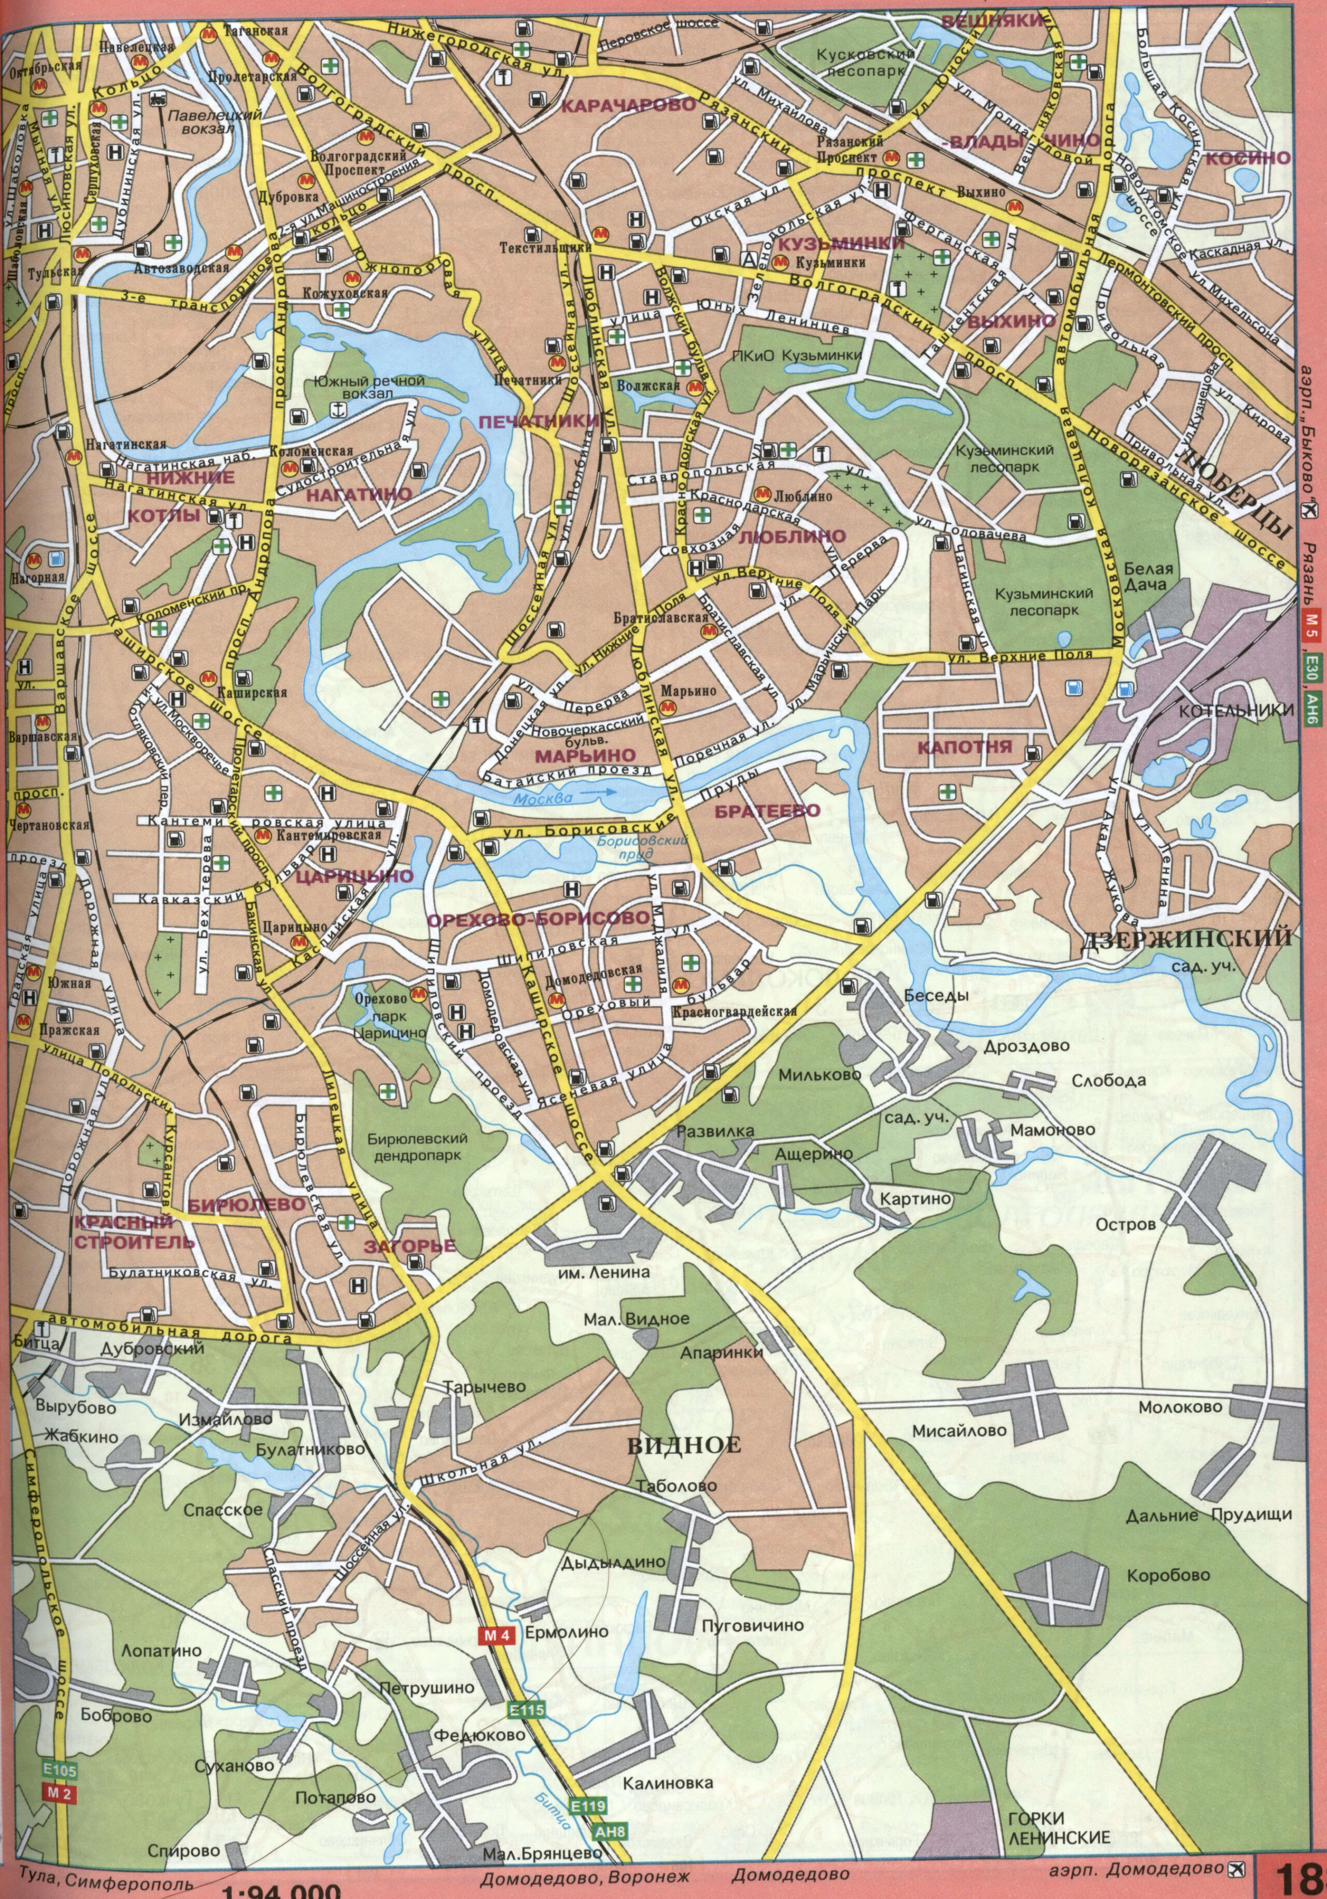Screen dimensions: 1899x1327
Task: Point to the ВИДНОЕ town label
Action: [684, 1445]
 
